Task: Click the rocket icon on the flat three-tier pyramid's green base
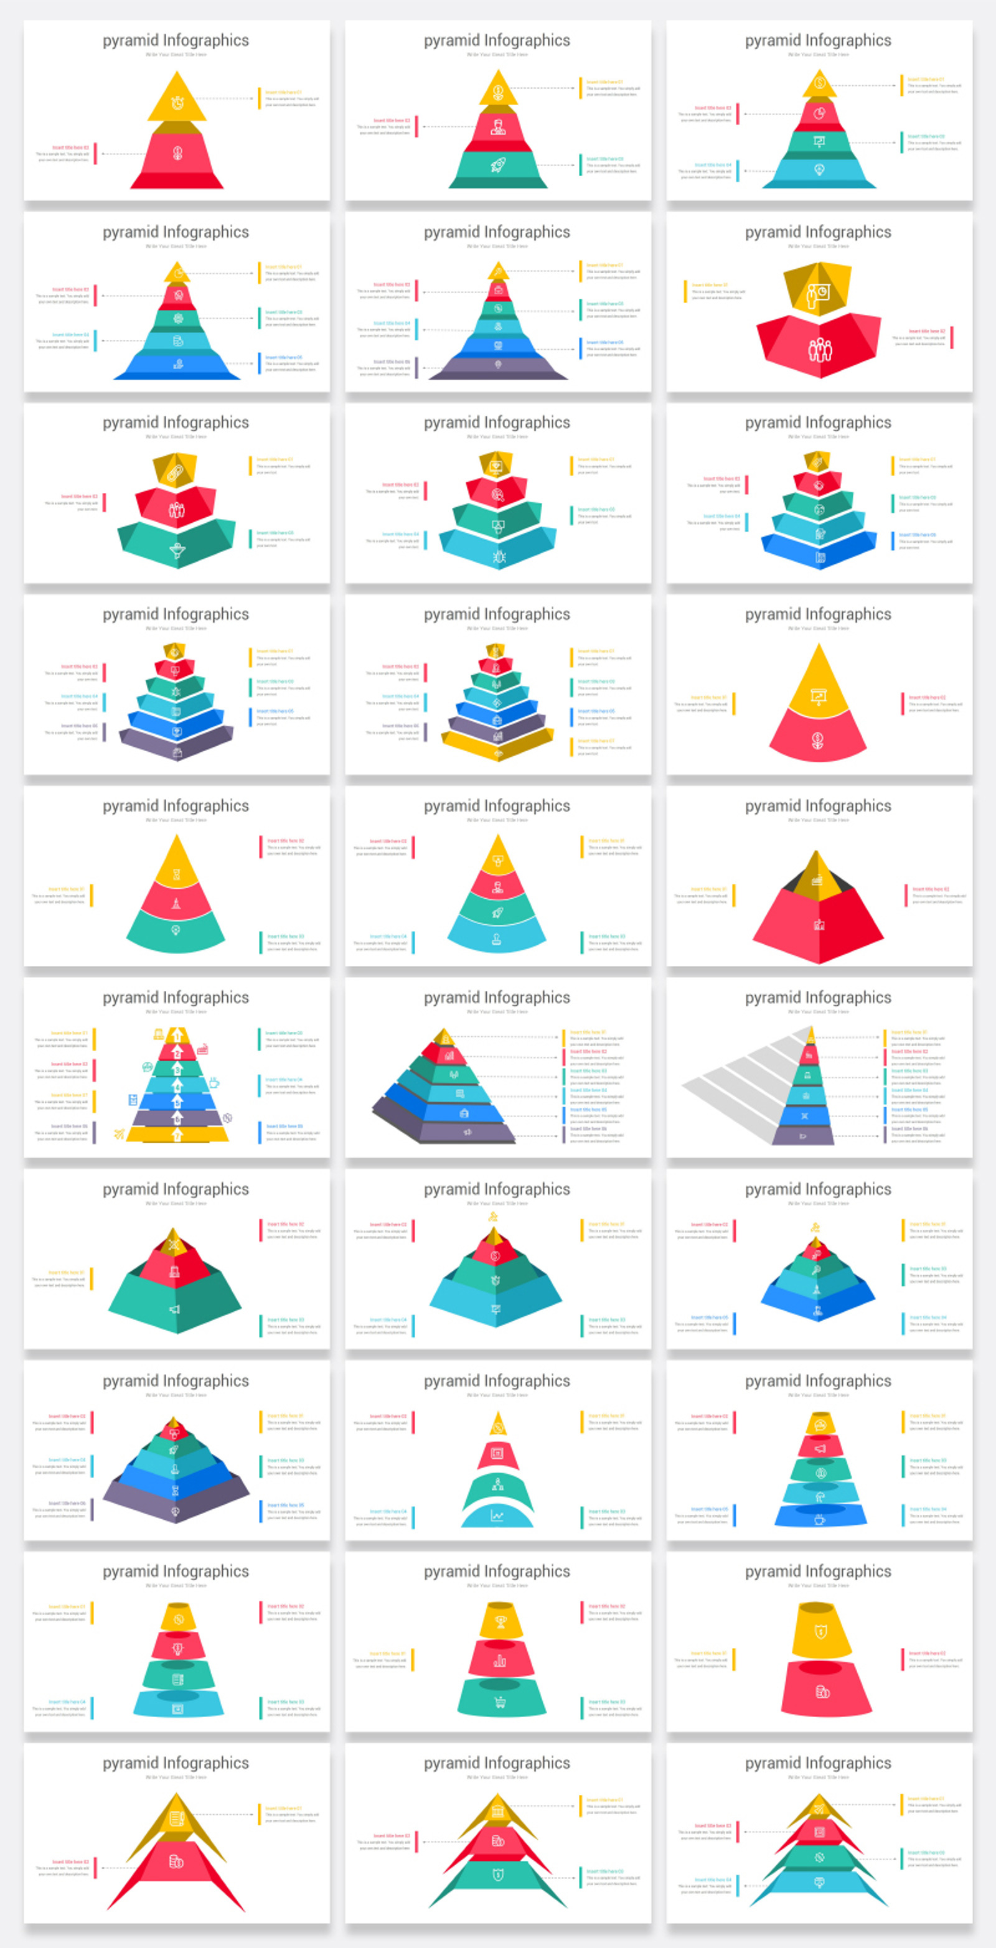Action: (497, 164)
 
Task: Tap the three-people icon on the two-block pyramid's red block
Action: (820, 349)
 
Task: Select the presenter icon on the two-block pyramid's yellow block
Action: (817, 293)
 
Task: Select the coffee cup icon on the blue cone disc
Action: (820, 1515)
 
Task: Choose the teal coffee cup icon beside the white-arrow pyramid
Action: (214, 1082)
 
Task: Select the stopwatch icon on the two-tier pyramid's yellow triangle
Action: (177, 103)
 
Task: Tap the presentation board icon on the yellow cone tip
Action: (819, 696)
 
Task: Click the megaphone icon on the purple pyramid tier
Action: (467, 1131)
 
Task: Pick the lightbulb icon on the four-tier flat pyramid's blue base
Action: (819, 169)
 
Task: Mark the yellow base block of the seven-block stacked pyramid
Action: (497, 746)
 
